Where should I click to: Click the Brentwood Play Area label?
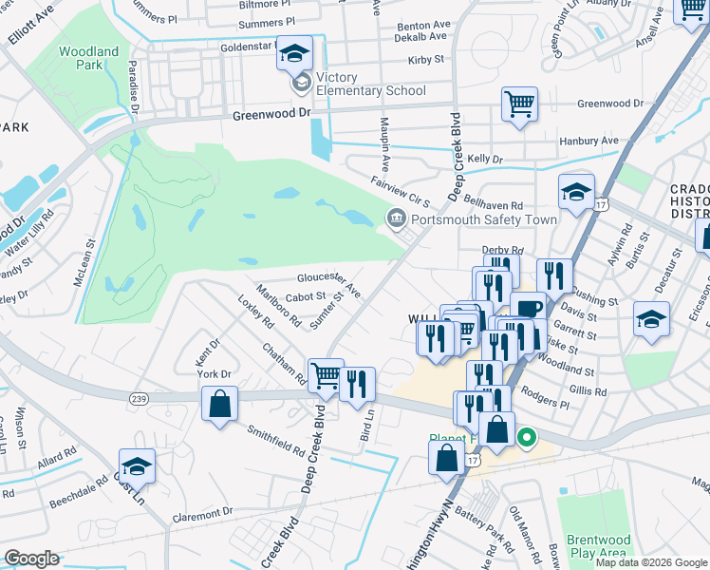[x=597, y=546]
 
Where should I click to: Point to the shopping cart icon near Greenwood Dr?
[x=519, y=104]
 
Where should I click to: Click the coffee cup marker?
[x=528, y=309]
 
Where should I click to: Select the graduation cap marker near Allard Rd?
[x=138, y=466]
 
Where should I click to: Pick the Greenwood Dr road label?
[x=271, y=113]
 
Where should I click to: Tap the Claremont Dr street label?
[x=203, y=515]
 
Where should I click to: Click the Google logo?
[x=30, y=559]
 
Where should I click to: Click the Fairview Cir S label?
[x=401, y=193]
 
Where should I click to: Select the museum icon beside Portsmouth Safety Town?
[x=395, y=219]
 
